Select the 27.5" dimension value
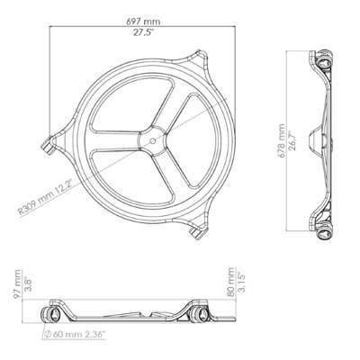point(133,31)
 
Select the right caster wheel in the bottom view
point(197,313)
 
